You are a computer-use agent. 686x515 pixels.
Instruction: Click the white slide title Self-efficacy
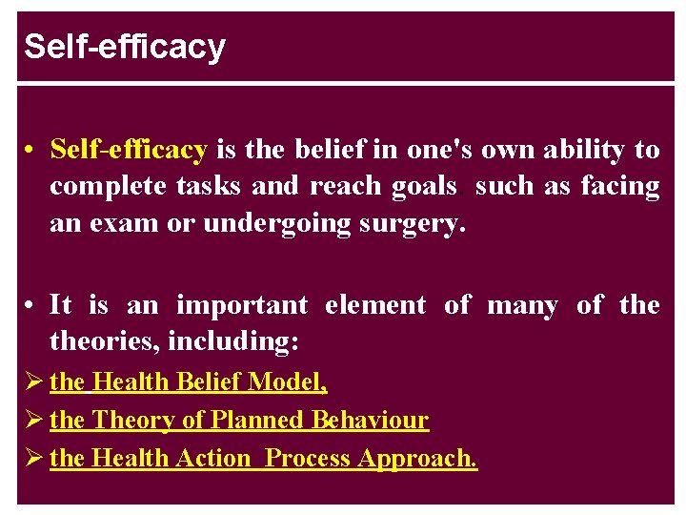125,47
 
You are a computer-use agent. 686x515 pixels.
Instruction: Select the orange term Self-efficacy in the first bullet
129,150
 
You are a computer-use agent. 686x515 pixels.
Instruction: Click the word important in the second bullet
242,305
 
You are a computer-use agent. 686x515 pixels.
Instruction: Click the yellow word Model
286,382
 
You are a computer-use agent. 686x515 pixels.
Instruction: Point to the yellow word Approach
417,459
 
